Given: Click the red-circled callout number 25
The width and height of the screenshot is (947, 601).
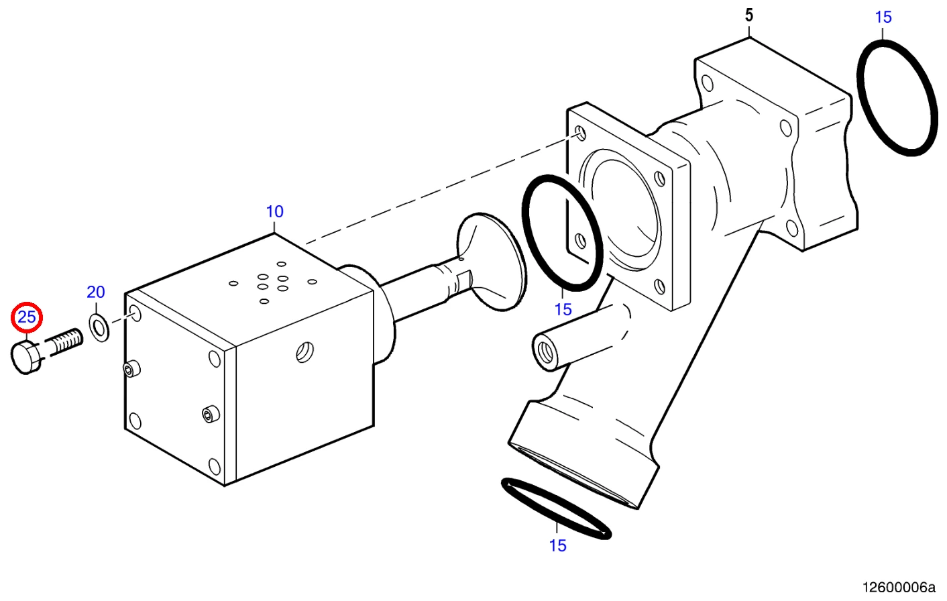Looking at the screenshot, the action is click(27, 317).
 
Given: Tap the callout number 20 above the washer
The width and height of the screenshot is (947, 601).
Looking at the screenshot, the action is click(96, 292).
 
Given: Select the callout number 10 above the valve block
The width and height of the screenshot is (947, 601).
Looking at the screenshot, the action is click(275, 211).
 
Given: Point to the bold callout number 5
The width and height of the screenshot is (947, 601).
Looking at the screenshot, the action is click(749, 15).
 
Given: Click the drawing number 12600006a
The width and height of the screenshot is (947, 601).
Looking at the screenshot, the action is click(899, 588).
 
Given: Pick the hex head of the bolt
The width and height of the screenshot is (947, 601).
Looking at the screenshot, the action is click(25, 358).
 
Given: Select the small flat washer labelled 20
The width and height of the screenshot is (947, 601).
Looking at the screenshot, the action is click(99, 327).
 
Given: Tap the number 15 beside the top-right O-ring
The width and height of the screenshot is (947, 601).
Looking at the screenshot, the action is click(883, 17).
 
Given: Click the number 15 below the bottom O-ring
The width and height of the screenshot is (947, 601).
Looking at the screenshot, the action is click(557, 545).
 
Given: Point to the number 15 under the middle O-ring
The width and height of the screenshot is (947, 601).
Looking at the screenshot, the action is click(563, 310).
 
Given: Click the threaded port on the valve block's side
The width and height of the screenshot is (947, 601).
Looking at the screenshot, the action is click(304, 352).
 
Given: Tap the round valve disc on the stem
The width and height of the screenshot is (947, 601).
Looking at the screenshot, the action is click(492, 262).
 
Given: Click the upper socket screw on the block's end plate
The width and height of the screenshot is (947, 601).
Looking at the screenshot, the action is click(132, 369).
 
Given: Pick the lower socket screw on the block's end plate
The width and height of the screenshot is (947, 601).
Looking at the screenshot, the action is click(211, 414).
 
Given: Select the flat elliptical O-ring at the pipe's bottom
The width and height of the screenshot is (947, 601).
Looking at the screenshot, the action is click(557, 509).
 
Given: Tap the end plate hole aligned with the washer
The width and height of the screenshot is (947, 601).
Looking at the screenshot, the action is click(136, 314).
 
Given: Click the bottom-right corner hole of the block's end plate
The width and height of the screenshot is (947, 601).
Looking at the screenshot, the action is click(215, 467).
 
